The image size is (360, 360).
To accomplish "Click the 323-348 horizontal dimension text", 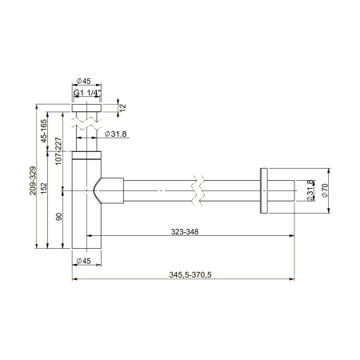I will pyautogui.click(x=186, y=232).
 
